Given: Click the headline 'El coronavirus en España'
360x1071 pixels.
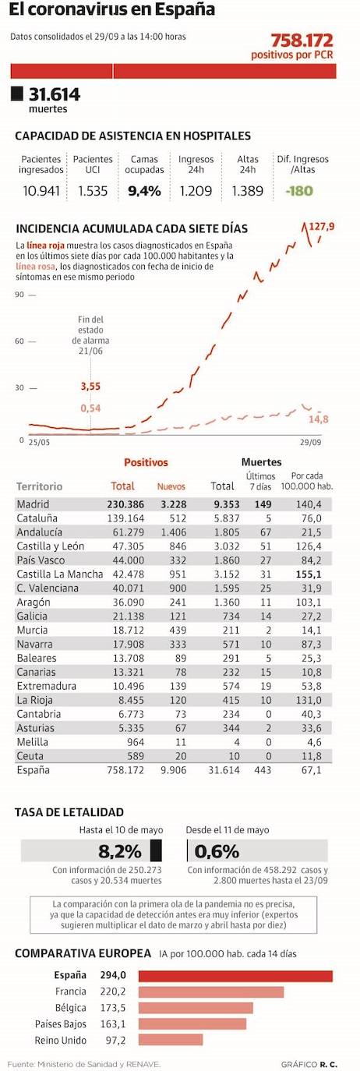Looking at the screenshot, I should [x=112, y=11].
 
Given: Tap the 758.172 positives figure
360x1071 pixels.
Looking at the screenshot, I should [x=302, y=41].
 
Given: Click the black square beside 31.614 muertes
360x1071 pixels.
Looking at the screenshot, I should [x=17, y=94].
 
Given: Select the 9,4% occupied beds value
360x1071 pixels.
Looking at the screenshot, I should [x=144, y=192].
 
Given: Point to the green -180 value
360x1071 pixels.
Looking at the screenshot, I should [x=298, y=192].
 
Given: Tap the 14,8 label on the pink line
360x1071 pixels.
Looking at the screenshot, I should [x=318, y=419].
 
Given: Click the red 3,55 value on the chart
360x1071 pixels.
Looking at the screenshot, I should [x=91, y=386].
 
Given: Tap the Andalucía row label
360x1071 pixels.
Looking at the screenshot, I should [x=40, y=532].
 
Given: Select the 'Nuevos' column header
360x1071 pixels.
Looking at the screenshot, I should [x=171, y=486].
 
